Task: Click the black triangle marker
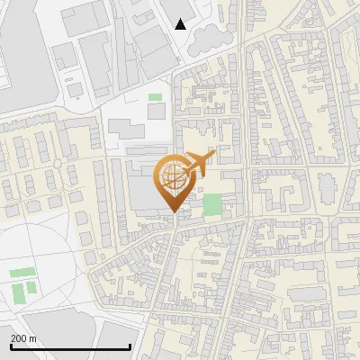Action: [x=181, y=23]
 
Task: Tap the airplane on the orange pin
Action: [x=199, y=163]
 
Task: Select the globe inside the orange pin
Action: [x=174, y=176]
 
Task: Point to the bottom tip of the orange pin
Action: [x=174, y=212]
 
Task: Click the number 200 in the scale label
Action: [x=20, y=337]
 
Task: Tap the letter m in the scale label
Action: [x=34, y=337]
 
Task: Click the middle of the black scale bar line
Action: [x=70, y=346]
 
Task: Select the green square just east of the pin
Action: [x=211, y=204]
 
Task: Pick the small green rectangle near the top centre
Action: [x=156, y=96]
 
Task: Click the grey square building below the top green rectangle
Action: [x=156, y=110]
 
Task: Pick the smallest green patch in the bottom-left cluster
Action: [x=32, y=287]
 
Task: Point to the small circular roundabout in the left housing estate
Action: [x=58, y=163]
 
